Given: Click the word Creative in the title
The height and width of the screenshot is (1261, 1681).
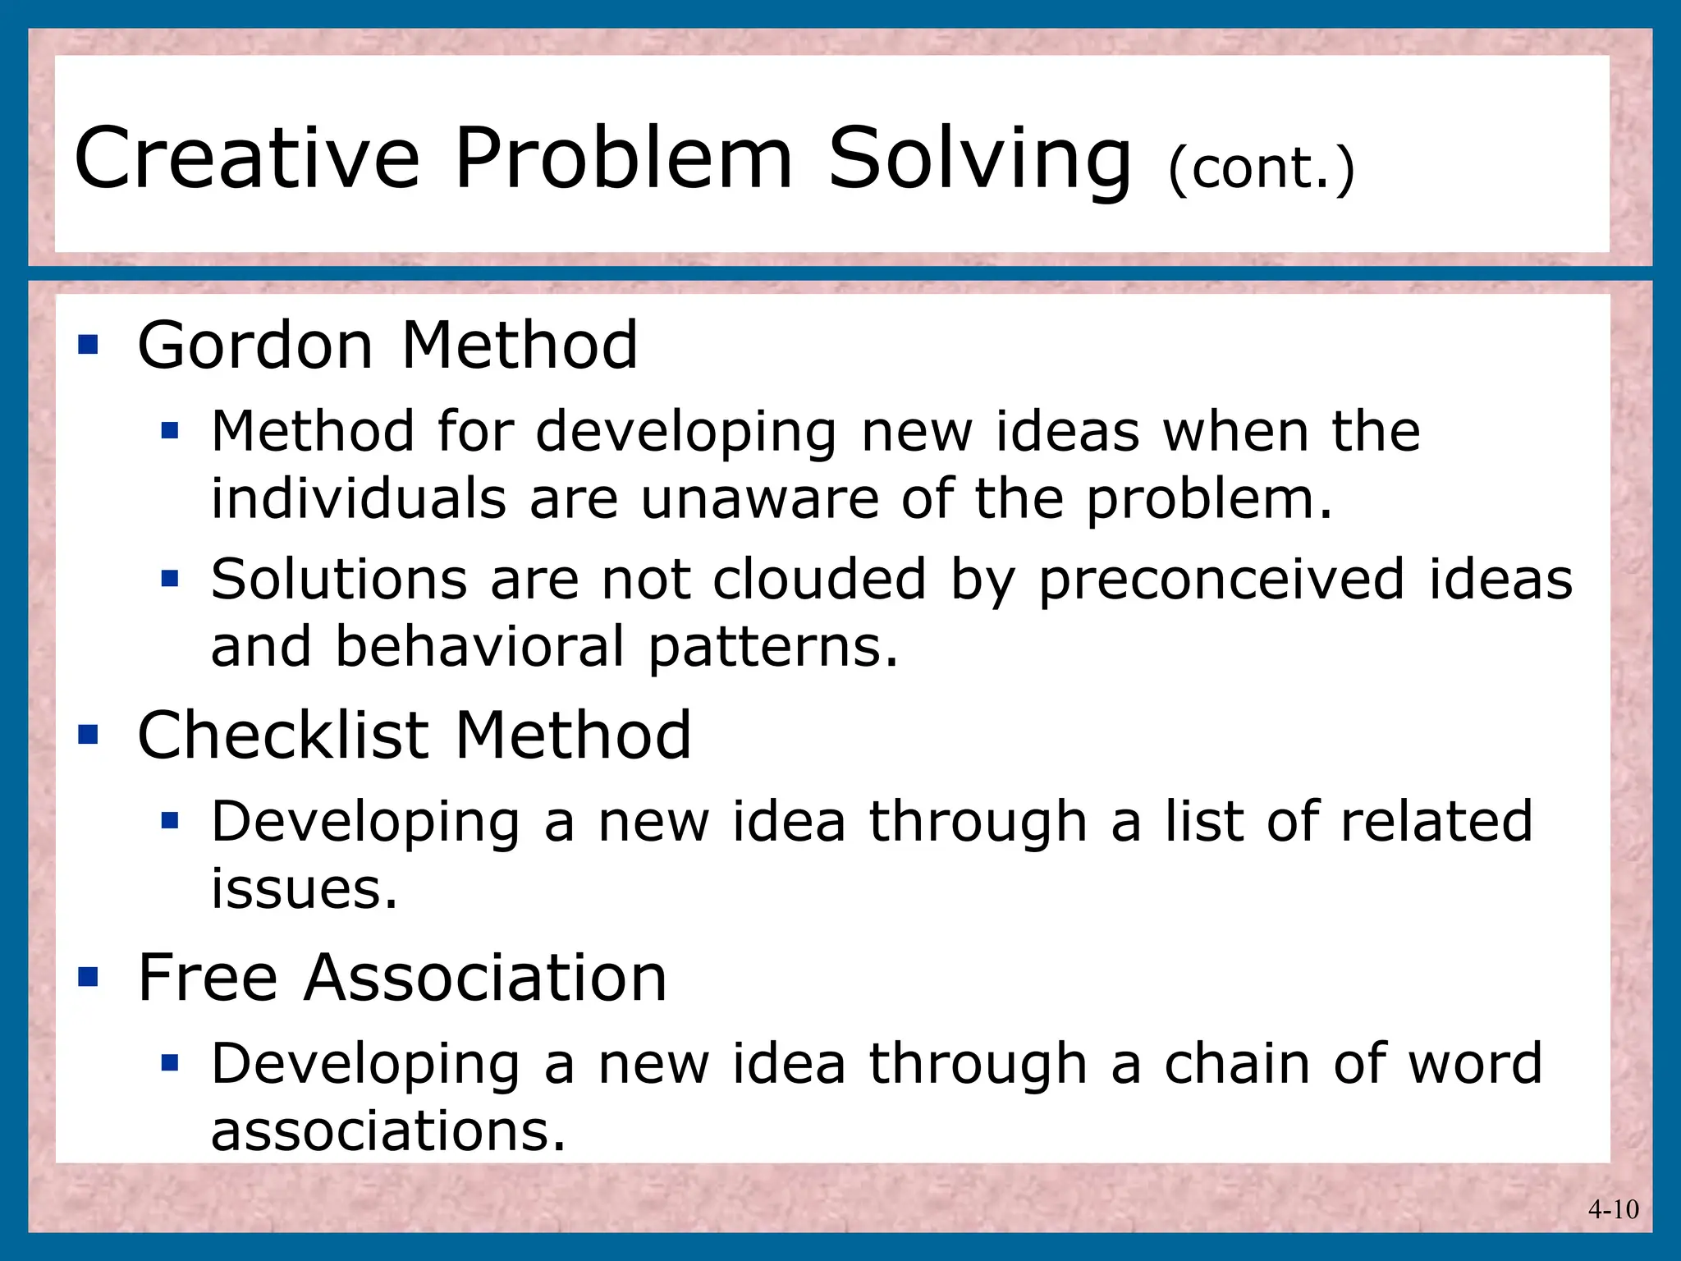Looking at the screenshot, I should coord(246,158).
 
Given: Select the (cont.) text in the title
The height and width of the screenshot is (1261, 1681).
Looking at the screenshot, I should coord(1260,168).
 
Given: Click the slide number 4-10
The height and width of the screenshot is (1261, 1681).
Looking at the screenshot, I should coord(1613,1209).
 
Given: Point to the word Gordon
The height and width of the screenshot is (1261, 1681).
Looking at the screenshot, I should coord(255,346).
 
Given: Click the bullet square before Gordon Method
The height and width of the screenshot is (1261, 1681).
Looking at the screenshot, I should coord(88,345).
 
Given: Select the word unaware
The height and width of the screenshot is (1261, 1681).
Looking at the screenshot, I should coord(759,499).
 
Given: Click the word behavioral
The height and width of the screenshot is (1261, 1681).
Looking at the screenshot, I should coord(480,646).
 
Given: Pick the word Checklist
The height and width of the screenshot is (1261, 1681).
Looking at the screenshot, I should coord(283,735).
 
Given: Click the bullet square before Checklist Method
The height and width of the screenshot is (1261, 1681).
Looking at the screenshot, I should coord(88,734).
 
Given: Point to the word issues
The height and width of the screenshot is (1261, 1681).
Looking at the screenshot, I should coord(304,889).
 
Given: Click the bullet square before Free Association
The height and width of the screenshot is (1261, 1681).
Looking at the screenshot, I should coord(88,977).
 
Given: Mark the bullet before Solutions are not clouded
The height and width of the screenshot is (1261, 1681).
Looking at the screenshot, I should coord(170,580).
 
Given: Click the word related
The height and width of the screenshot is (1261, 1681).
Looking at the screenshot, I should coord(1436,821).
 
